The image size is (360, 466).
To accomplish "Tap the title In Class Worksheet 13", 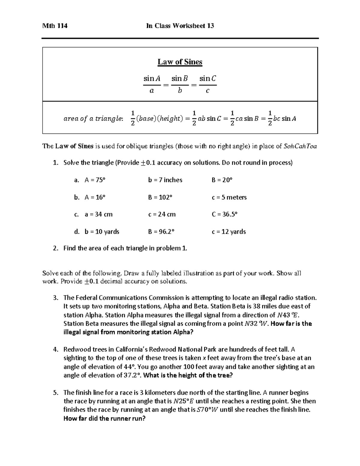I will click(180, 26).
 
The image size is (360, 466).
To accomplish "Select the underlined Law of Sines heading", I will click(180, 62).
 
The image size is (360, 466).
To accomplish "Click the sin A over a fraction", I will click(152, 85).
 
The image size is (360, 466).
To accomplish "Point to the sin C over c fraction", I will click(208, 85).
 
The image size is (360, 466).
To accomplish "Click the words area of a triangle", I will click(93, 119).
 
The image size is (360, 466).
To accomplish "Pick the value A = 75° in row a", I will click(95, 180).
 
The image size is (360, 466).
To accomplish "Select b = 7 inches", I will click(165, 180).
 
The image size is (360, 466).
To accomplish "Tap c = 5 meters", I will click(229, 197).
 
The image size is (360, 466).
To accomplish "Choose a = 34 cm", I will click(98, 215).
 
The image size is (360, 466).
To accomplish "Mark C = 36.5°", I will click(224, 215).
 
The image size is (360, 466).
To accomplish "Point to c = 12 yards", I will click(229, 232).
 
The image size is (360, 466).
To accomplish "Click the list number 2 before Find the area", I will click(55, 248).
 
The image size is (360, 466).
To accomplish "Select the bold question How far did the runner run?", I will click(104, 419).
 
